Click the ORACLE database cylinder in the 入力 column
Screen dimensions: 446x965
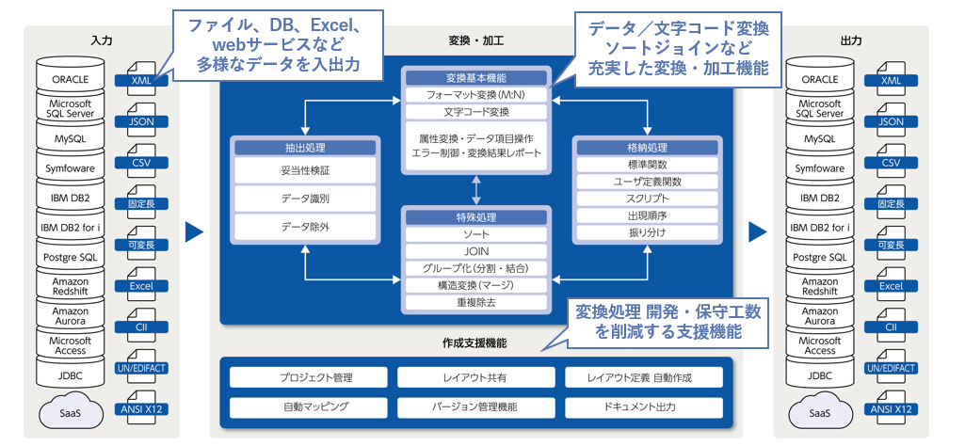[x=71, y=80]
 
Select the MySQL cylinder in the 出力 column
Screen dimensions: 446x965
[x=820, y=139]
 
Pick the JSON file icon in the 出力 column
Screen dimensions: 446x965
[x=891, y=121]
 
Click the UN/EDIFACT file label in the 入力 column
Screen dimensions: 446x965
[x=140, y=368]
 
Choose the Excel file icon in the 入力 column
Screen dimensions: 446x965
[x=140, y=286]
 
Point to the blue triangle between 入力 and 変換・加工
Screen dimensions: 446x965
[x=194, y=231]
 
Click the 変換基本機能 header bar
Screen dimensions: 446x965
[x=475, y=78]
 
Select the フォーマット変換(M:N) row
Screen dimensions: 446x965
[x=475, y=95]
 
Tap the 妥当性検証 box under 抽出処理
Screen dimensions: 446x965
[x=305, y=171]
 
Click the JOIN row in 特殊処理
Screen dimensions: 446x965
[x=476, y=251]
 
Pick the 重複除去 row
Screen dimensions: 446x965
[x=476, y=302]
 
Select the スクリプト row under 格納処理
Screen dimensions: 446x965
[x=648, y=199]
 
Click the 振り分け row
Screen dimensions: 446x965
[x=648, y=231]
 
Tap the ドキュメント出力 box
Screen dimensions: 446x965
[x=644, y=407]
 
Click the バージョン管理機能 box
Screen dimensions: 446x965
[x=476, y=407]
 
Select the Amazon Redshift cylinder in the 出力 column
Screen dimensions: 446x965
[x=820, y=286]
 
